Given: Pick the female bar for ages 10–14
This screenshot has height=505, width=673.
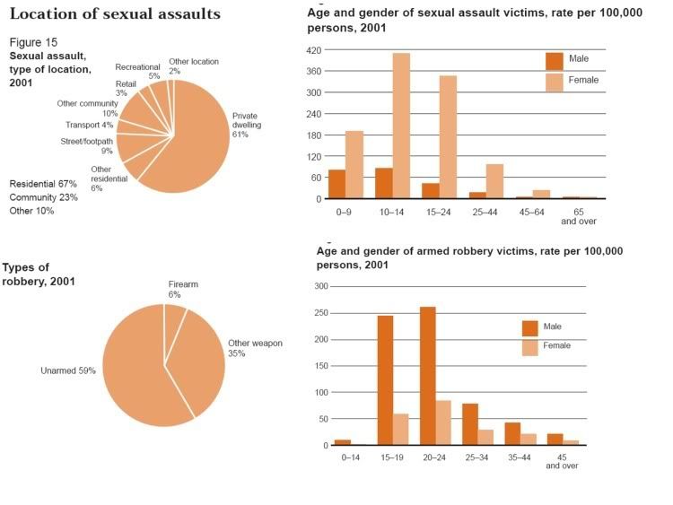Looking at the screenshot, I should pos(401,126).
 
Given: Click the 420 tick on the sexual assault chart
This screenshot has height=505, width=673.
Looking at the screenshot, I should pos(315,50).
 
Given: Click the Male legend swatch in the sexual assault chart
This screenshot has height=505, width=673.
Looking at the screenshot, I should pos(555,59).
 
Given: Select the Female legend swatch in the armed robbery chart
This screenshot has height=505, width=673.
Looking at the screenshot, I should pos(529,346).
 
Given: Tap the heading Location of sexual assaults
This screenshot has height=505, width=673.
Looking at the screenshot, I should pos(115,15).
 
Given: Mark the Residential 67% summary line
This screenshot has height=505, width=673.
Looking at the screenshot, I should pos(43,184).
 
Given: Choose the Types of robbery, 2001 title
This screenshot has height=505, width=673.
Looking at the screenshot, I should pos(38,274).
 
